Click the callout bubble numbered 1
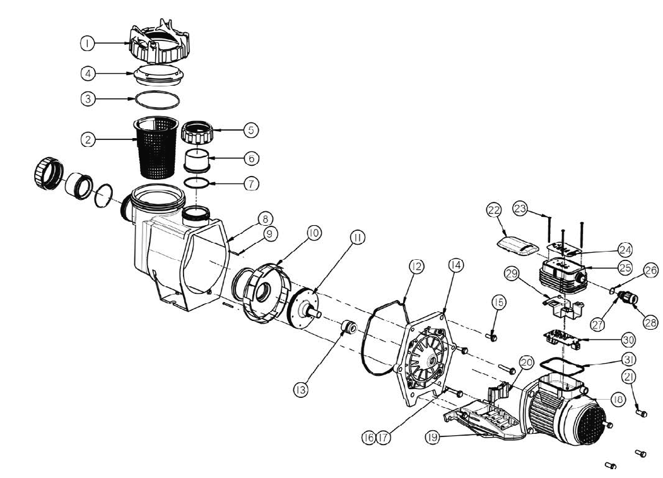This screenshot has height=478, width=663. coord(87,43)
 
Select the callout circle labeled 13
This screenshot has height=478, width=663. coord(301,390)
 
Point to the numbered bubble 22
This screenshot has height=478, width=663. coord(494,210)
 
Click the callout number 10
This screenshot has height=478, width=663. coord(314,233)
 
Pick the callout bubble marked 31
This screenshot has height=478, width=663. coord(629,359)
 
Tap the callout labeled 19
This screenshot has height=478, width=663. coord(432,438)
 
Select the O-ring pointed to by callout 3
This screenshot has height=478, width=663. coord(156,100)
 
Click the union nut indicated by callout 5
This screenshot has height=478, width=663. coord(198,132)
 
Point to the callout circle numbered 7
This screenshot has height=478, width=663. coord(251,184)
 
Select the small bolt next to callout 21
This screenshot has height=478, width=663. coord(641,412)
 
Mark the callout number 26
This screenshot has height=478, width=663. coord(652,270)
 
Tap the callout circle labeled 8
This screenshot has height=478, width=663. coord(265,219)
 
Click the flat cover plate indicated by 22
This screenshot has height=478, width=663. coord(517,246)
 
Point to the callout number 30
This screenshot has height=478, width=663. coord(629,339)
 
